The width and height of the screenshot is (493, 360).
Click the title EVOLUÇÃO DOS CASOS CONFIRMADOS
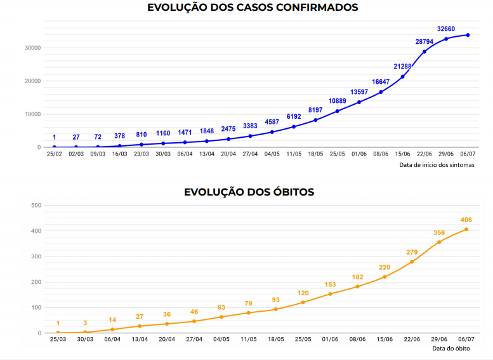(x=253, y=8)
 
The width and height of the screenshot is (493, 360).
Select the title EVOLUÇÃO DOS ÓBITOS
(x=249, y=192)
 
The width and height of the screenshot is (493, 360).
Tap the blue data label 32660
(x=446, y=29)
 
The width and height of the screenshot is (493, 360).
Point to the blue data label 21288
(x=402, y=67)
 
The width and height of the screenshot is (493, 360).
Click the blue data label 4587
(x=272, y=122)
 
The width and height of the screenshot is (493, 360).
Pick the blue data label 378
(x=119, y=135)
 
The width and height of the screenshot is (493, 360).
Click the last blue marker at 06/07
(x=468, y=35)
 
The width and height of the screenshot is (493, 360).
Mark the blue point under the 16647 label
(x=381, y=92)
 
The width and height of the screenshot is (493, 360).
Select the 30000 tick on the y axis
(x=32, y=48)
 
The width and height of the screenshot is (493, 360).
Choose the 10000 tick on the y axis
(x=32, y=114)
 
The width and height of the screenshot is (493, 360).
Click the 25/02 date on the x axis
(x=54, y=154)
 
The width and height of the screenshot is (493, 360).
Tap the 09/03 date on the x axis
(x=98, y=154)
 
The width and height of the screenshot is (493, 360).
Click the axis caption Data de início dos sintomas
(x=437, y=165)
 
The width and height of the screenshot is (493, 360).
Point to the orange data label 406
(x=466, y=220)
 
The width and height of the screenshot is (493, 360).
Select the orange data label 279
(x=412, y=252)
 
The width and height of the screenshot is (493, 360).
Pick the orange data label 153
(x=330, y=284)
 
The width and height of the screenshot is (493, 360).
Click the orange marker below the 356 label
(x=439, y=242)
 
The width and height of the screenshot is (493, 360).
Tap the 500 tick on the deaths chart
(x=36, y=205)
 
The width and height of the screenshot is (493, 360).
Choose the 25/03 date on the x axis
(x=58, y=340)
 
